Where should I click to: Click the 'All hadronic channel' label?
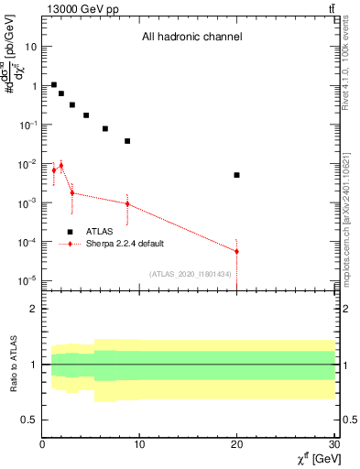click(191, 38)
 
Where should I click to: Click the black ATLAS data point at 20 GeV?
click(236, 175)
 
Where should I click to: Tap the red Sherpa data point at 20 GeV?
click(236, 251)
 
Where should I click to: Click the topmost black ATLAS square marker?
click(54, 84)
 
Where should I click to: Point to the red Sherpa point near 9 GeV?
click(127, 203)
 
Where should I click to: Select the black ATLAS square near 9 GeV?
click(127, 141)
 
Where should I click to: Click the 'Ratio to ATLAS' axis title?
click(12, 364)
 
